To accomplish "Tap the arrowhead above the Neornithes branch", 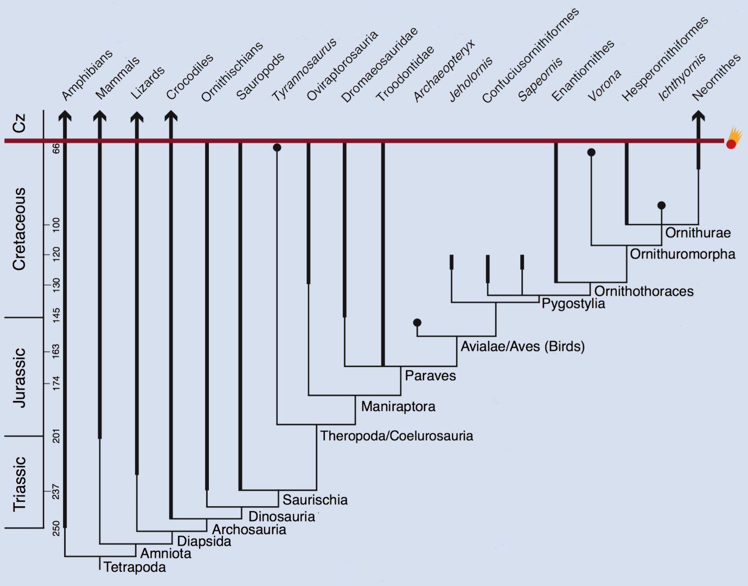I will (698, 116).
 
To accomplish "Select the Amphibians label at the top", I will (87, 75).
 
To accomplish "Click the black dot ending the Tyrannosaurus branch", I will (277, 148).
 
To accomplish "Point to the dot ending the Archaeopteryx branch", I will (417, 323).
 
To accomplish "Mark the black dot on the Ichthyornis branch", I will (661, 206).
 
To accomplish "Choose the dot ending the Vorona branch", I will (591, 152).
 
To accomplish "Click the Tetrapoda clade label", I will (135, 567).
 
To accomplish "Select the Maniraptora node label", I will (398, 406).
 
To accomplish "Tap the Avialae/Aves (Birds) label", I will (522, 346).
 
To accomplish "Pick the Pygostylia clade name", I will (573, 303).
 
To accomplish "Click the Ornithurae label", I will (698, 233).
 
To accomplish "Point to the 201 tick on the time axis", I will (56, 436).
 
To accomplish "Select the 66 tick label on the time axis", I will (56, 148).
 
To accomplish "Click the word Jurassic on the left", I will (20, 378).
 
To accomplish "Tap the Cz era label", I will (20, 124).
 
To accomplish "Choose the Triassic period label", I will (20, 484).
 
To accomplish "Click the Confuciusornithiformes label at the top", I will (530, 56).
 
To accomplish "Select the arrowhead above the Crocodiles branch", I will (171, 116).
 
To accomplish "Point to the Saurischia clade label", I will (315, 500).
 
